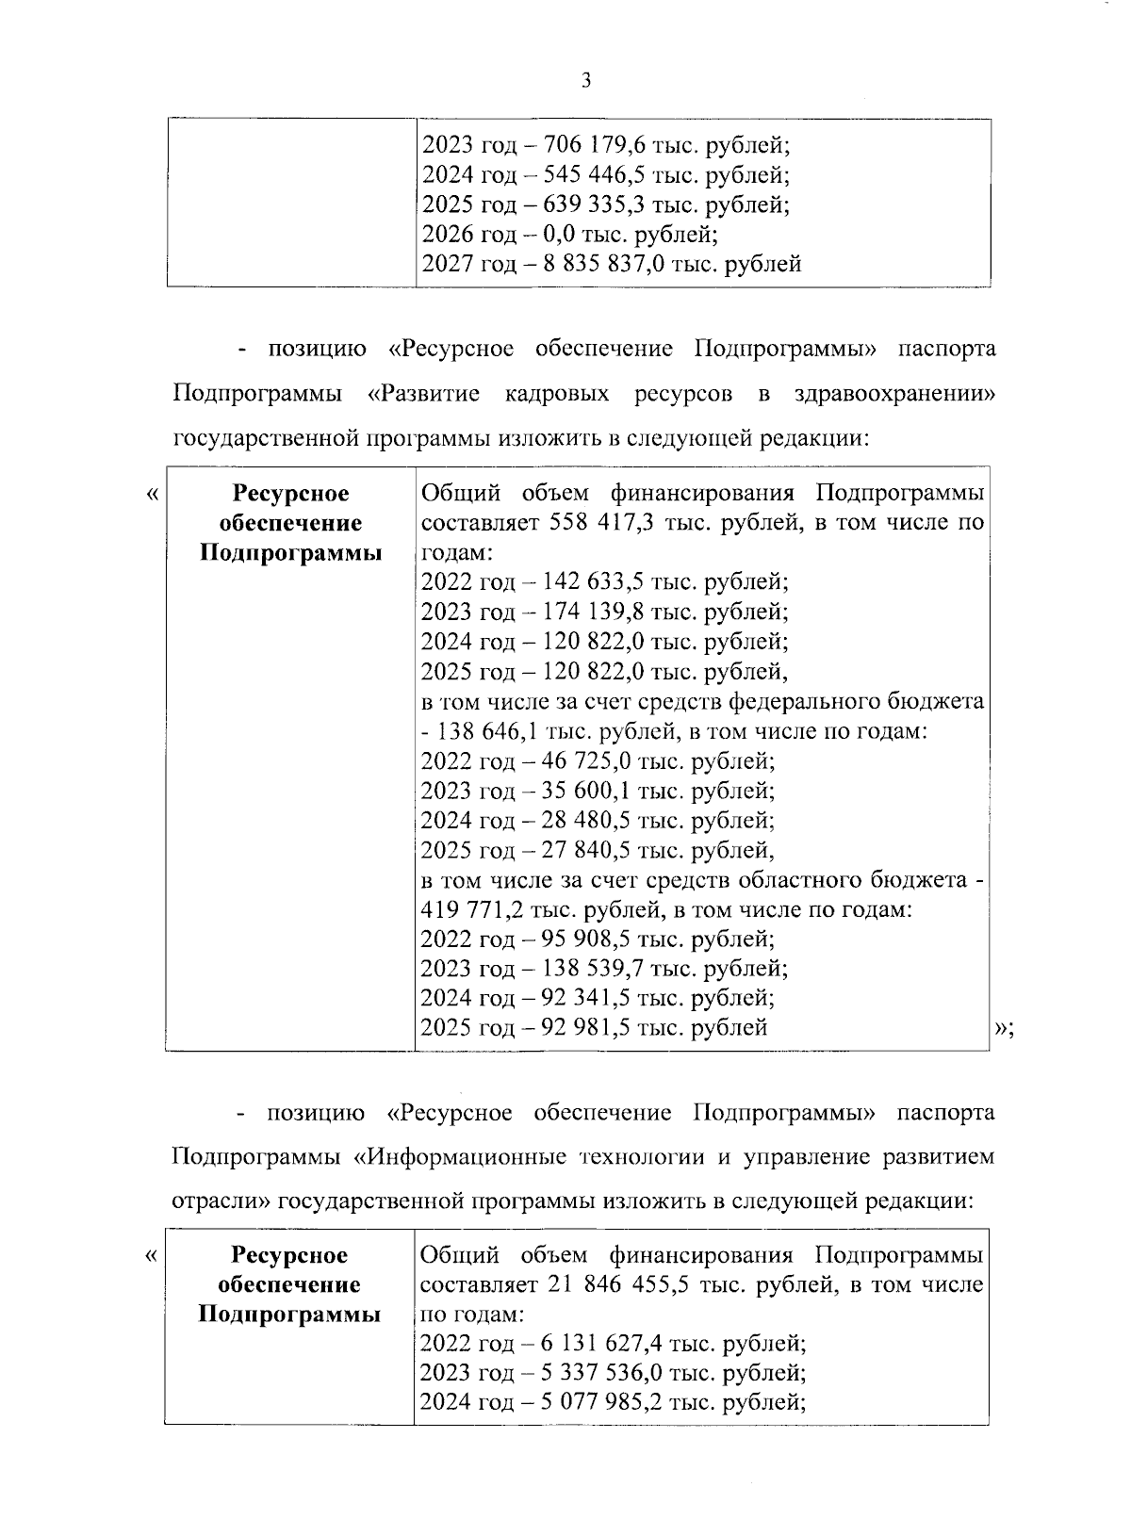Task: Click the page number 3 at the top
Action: click(585, 82)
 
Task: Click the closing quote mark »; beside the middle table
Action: click(1004, 1029)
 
